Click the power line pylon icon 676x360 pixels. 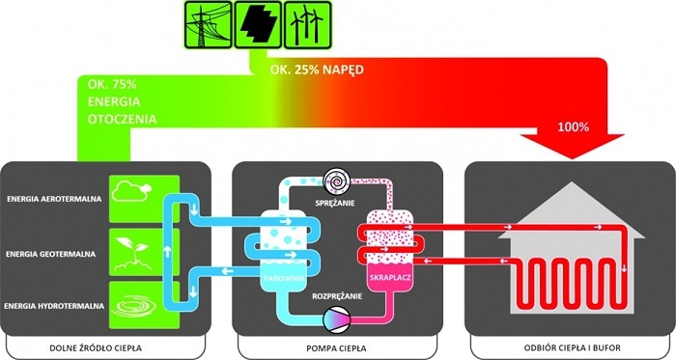click(x=209, y=24)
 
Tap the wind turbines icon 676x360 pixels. click(x=307, y=24)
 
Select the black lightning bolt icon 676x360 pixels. click(x=258, y=24)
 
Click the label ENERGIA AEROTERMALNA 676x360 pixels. click(x=54, y=199)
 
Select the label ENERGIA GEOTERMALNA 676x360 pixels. click(x=51, y=254)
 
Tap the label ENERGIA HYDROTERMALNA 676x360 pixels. click(x=54, y=306)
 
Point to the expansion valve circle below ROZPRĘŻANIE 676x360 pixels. click(x=337, y=319)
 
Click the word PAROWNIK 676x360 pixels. click(x=284, y=279)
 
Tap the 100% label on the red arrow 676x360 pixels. click(x=574, y=127)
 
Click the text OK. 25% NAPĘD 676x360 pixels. click(x=317, y=69)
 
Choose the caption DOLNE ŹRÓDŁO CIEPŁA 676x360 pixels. click(x=96, y=347)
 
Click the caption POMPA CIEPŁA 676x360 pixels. click(x=337, y=348)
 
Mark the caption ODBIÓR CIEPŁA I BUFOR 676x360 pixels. click(x=572, y=347)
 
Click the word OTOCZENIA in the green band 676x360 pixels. click(x=122, y=120)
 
